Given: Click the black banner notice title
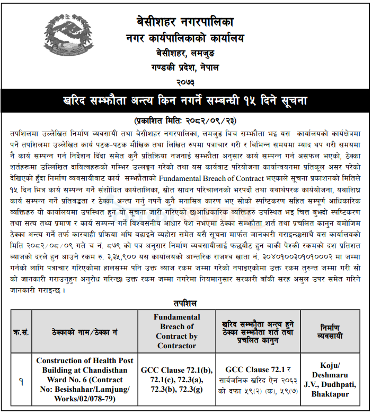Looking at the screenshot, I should (185, 100).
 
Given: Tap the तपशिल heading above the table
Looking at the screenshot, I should (185, 303).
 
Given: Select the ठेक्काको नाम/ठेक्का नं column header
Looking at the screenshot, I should (85, 332).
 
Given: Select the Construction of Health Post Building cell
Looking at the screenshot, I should (85, 380).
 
